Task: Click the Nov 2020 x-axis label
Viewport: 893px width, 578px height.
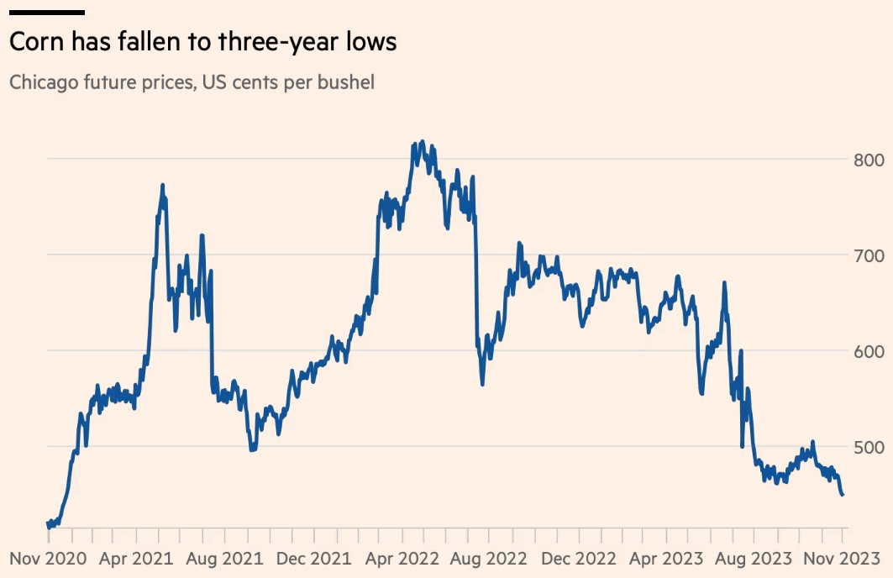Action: (49, 558)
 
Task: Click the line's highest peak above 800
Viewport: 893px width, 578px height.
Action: (421, 142)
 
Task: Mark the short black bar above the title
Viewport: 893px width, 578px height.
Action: (47, 13)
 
